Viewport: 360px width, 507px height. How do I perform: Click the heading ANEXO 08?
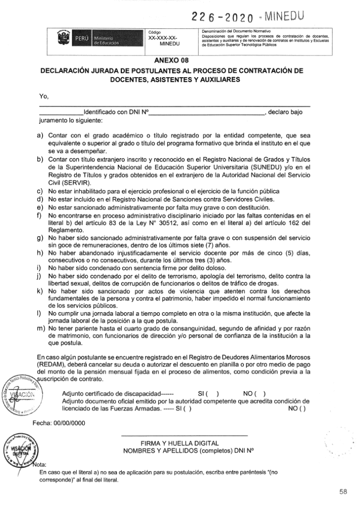click(x=179, y=60)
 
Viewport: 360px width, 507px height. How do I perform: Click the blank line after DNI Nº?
click(x=207, y=113)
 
